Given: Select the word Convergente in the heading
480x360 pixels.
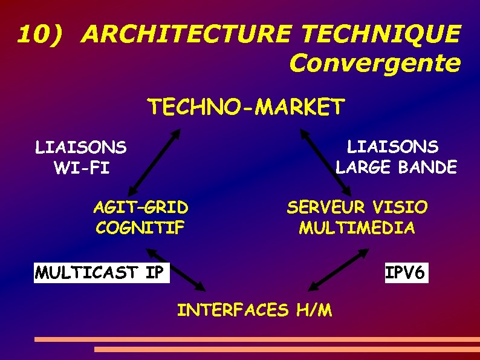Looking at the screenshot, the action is point(375,62).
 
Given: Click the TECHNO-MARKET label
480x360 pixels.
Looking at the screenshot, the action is point(246,107).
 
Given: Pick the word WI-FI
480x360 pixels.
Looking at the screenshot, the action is point(82,168).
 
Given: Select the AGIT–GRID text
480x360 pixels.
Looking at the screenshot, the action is point(140,208).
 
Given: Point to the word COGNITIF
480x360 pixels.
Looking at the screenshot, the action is point(140,229).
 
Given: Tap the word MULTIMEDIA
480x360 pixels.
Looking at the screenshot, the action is point(357,229).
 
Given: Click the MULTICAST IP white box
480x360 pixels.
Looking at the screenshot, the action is point(102,272).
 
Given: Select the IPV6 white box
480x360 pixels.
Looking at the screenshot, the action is point(406,272).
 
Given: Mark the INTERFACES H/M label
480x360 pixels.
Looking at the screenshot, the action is point(254,310).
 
